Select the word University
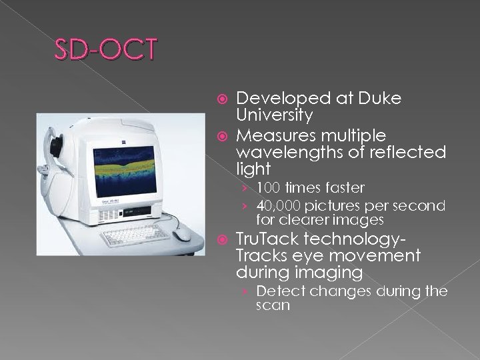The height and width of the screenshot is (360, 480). click(275, 115)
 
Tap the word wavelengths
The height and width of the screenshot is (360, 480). click(288, 153)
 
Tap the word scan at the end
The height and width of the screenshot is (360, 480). click(273, 306)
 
